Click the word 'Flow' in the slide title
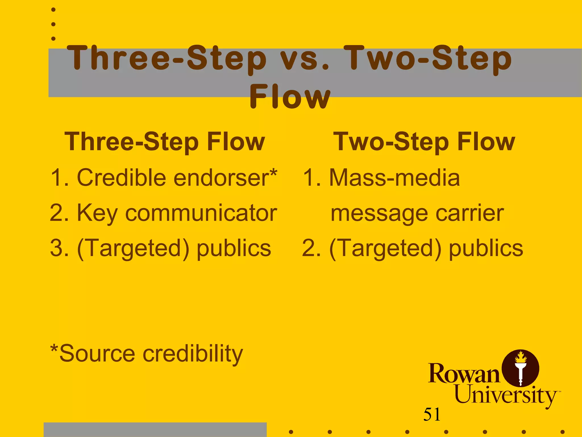point(290,97)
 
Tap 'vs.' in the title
point(305,59)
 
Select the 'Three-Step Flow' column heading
point(165,142)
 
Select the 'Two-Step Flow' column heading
point(424,142)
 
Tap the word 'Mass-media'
point(394,178)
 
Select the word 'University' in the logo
point(506,395)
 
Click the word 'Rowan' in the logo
point(464,374)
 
